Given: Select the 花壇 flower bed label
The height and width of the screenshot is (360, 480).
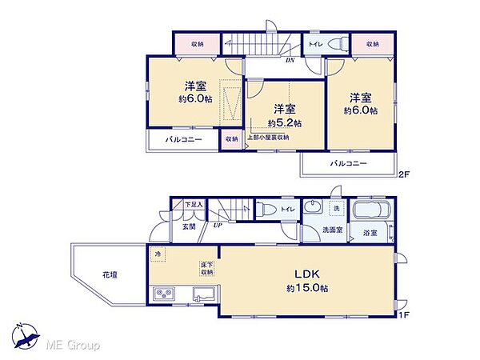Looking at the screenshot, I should [x=110, y=274].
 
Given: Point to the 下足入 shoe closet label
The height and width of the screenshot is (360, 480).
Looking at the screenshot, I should [x=194, y=206].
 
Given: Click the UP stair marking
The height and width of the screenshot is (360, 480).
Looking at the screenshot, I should [x=218, y=226].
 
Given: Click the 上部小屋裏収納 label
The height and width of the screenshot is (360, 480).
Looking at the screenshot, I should [x=268, y=138].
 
